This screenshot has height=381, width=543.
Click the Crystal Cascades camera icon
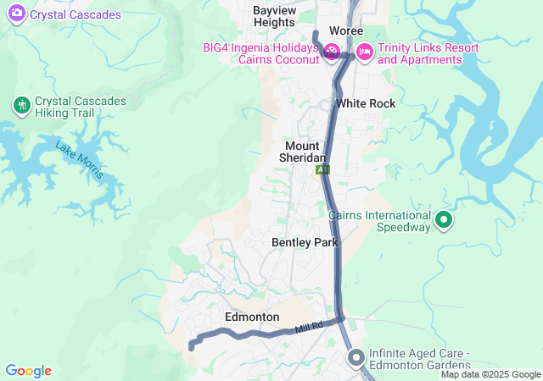pyautogui.click(x=16, y=14)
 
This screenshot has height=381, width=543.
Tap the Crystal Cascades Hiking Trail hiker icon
pyautogui.click(x=21, y=105)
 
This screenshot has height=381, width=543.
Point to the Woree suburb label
pyautogui.click(x=346, y=30)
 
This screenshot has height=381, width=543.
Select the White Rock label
pyautogui.click(x=366, y=103)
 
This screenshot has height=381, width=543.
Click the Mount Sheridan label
pyautogui.click(x=303, y=152)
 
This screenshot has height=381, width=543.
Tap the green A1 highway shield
pyautogui.click(x=322, y=170)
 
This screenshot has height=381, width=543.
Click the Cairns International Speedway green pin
pyautogui.click(x=443, y=221)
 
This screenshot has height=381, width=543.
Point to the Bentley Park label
pyautogui.click(x=305, y=242)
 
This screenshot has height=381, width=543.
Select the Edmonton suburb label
pyautogui.click(x=252, y=317)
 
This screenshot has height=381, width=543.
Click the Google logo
pyautogui.click(x=28, y=371)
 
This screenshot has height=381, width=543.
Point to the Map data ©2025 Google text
pyautogui.click(x=490, y=374)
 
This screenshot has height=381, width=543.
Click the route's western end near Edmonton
pyautogui.click(x=191, y=346)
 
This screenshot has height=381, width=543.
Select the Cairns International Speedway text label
pyautogui.click(x=380, y=221)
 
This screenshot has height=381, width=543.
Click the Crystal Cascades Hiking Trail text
pyautogui.click(x=81, y=107)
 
